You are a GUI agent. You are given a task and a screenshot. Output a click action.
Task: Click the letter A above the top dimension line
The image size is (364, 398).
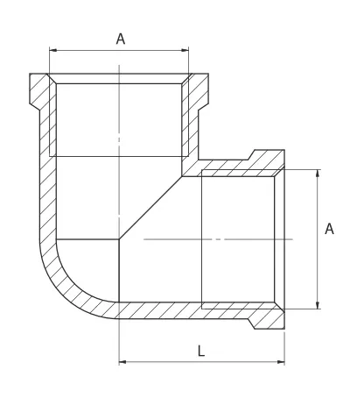tap(121, 39)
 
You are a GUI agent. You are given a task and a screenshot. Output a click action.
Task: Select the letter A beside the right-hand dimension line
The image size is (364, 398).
tap(329, 229)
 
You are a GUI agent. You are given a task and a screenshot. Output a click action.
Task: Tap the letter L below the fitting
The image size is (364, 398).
tap(201, 351)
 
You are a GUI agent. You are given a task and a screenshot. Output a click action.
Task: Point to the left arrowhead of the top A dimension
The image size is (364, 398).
tap(53, 50)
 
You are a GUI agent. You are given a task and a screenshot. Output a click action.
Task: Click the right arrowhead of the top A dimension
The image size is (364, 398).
tap(185, 50)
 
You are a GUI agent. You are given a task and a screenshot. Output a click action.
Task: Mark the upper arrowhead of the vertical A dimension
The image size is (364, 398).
tap(318, 174)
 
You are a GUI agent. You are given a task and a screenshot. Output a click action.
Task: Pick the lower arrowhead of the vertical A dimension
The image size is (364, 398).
tap(318, 305)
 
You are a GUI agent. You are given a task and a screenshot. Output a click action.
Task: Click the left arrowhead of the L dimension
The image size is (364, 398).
tap(122, 362)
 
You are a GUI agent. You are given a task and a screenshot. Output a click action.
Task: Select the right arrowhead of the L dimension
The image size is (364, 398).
tap(281, 362)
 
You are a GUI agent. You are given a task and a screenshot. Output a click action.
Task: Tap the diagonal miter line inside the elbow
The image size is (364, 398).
tap(150, 208)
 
